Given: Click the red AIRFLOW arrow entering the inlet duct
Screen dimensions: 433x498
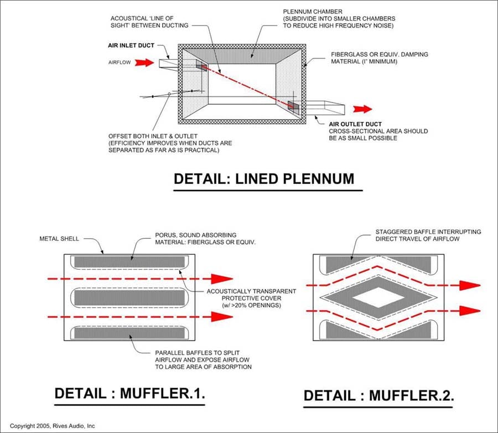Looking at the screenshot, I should pos(144,63).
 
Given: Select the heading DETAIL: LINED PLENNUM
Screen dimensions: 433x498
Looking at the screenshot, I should pos(264,179).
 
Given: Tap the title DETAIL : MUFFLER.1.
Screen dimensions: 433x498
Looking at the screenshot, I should pos(129,394).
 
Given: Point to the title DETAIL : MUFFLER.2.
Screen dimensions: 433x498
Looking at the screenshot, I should pos(378,395).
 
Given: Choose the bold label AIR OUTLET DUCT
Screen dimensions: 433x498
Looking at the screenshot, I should pos(355,124).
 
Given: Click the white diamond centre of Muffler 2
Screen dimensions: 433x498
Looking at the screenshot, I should pos(378,298).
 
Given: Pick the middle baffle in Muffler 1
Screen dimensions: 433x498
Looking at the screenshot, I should pos(129,297).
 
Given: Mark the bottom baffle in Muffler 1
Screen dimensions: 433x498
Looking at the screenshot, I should pos(129,333).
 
